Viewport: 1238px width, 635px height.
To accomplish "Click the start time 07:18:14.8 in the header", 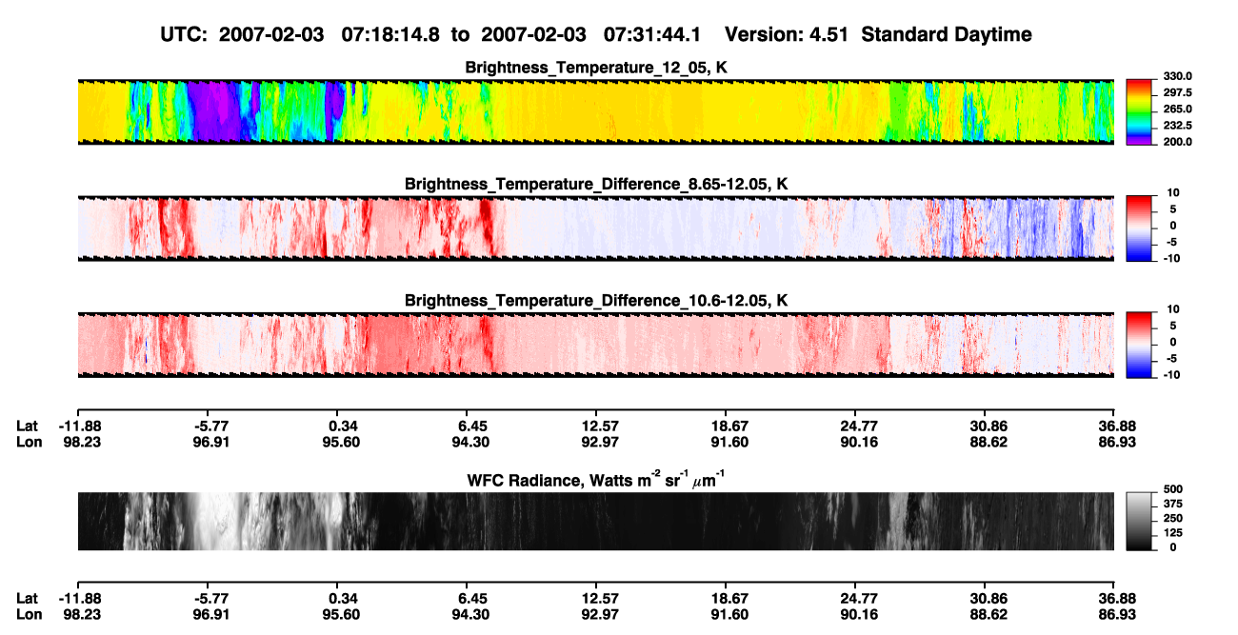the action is click(390, 34).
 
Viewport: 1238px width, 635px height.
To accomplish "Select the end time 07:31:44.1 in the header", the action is click(652, 34).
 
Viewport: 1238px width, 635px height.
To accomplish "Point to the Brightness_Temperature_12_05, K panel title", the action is click(596, 68).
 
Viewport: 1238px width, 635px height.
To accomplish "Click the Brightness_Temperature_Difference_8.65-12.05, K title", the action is click(596, 184).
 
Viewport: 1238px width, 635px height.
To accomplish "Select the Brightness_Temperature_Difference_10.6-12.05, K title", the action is click(596, 301).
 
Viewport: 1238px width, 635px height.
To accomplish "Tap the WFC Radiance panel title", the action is click(596, 480).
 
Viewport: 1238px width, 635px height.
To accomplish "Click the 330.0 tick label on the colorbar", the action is click(1177, 76).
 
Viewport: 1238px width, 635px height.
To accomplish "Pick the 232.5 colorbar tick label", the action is click(1177, 126).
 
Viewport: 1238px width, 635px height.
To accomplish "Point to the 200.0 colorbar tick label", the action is click(1177, 142).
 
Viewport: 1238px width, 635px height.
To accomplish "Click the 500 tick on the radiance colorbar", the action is click(1173, 489).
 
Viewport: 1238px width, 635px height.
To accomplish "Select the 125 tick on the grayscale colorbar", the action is click(1173, 533).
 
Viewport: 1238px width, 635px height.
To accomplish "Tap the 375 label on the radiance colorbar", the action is click(1173, 504).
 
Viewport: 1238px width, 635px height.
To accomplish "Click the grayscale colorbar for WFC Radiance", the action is click(1139, 521).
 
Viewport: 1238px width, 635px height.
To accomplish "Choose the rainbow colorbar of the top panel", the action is click(1139, 112).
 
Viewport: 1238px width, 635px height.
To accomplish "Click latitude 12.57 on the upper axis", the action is click(600, 427).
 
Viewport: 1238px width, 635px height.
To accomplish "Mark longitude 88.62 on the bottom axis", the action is click(988, 615).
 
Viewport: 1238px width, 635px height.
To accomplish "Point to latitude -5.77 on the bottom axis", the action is click(211, 599).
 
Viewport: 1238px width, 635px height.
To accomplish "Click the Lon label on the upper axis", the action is click(30, 442).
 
